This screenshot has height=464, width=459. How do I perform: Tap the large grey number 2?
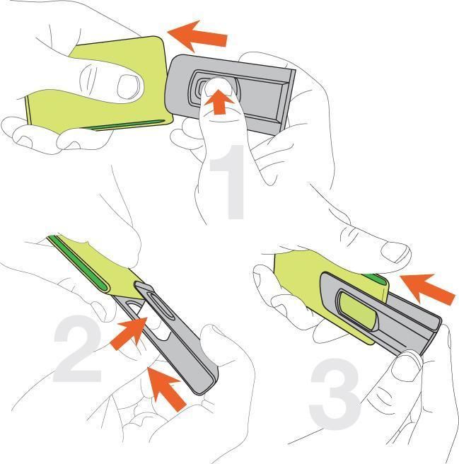[78, 349]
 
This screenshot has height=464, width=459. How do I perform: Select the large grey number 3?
[335, 393]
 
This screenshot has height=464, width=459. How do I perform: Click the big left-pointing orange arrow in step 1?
[197, 36]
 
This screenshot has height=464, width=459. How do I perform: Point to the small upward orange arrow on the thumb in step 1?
[219, 102]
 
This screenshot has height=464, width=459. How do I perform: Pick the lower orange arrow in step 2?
[167, 388]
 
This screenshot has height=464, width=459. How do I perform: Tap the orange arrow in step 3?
[428, 289]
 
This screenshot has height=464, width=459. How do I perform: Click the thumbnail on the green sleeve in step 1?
[128, 87]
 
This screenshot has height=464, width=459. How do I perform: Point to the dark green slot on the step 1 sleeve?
[126, 125]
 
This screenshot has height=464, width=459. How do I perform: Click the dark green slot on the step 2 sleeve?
[78, 260]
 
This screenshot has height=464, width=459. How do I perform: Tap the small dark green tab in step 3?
[376, 279]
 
